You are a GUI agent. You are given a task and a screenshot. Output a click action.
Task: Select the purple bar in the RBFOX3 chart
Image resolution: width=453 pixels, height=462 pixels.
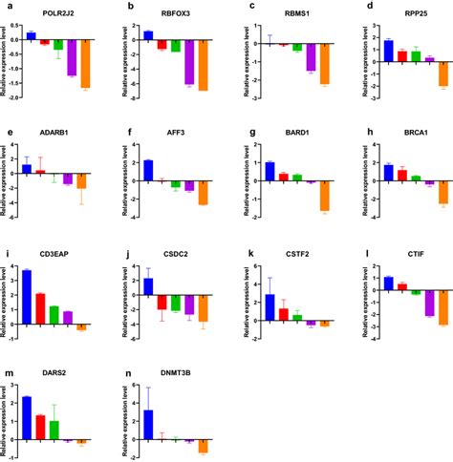pos(189,62)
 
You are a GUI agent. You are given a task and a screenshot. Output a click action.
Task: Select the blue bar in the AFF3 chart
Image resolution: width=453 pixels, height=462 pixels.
pos(148,171)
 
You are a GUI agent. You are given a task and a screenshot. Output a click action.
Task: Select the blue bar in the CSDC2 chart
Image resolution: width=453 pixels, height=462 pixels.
pos(148,286)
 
